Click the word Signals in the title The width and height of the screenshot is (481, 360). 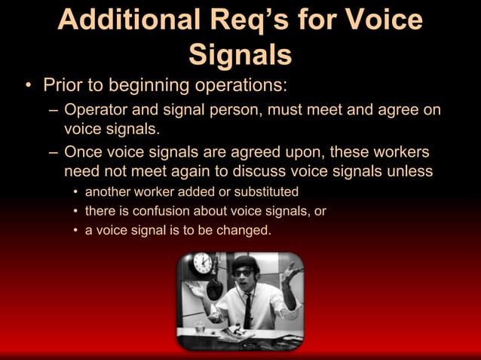click(x=240, y=53)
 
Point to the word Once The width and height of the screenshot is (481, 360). click(x=87, y=151)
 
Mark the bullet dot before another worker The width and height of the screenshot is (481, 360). click(x=75, y=191)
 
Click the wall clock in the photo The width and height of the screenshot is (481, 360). click(x=202, y=263)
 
